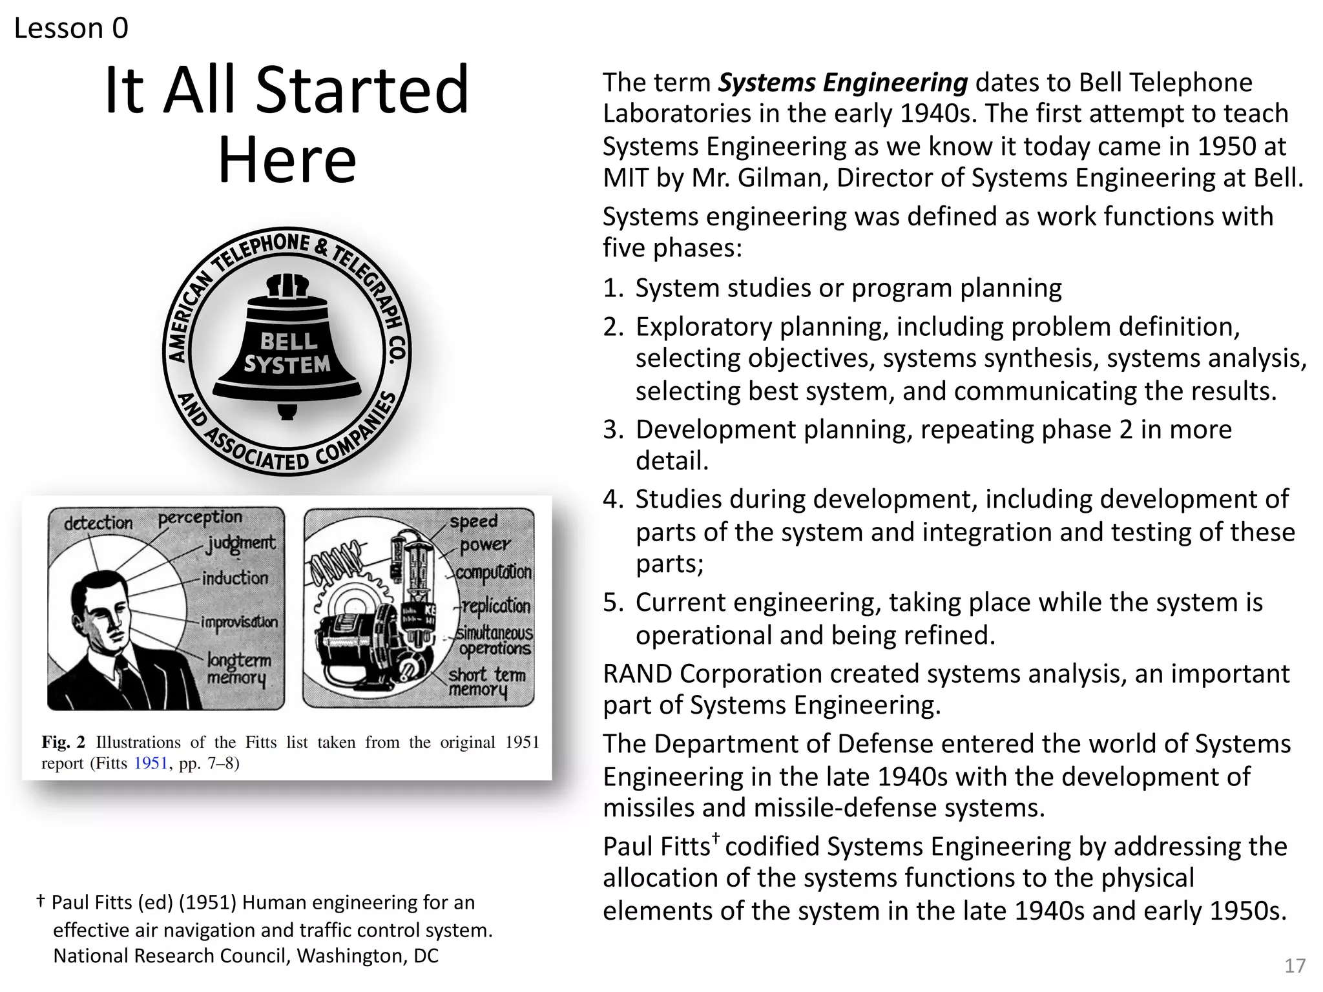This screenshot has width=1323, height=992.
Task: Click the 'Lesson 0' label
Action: [x=71, y=28]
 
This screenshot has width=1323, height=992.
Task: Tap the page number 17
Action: [x=1295, y=966]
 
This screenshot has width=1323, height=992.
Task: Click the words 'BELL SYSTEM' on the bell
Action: [x=287, y=353]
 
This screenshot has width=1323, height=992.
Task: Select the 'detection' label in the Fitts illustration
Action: [x=98, y=522]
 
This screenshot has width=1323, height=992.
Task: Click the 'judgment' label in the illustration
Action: [x=240, y=544]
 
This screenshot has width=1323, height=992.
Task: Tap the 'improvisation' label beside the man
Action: [x=240, y=622]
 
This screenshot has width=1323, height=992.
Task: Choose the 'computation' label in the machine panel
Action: [x=494, y=573]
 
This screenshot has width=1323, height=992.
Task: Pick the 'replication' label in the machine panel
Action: [x=496, y=606]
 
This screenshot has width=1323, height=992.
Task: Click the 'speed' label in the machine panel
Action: [x=474, y=521]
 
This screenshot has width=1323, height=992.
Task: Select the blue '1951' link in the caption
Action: [x=151, y=763]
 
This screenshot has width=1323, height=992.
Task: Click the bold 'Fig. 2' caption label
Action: [x=63, y=742]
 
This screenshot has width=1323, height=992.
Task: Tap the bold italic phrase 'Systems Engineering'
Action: [x=843, y=83]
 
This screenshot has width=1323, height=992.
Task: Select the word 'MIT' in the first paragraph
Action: [x=625, y=178]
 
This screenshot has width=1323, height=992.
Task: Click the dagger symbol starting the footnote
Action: [x=41, y=900]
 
